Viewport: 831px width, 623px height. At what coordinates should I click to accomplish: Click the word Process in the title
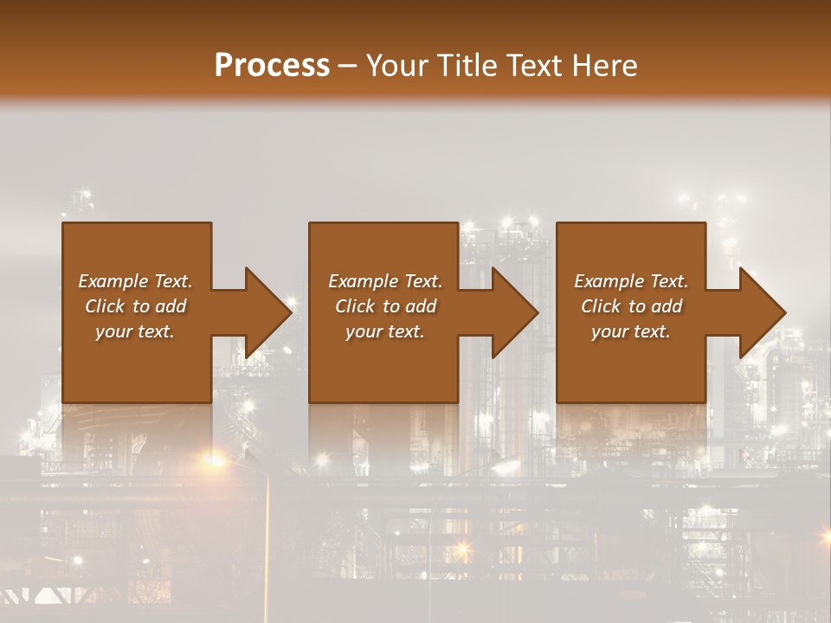pyautogui.click(x=272, y=66)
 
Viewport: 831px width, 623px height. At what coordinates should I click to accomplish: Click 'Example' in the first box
pyautogui.click(x=112, y=281)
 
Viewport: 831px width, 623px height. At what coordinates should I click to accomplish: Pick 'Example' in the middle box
pyautogui.click(x=362, y=281)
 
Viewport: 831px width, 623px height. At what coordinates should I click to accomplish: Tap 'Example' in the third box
pyautogui.click(x=608, y=281)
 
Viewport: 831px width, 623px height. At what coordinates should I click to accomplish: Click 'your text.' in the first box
pyautogui.click(x=135, y=331)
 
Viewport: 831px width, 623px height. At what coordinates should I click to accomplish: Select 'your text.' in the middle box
pyautogui.click(x=385, y=331)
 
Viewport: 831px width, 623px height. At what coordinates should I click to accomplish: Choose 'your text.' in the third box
pyautogui.click(x=631, y=331)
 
